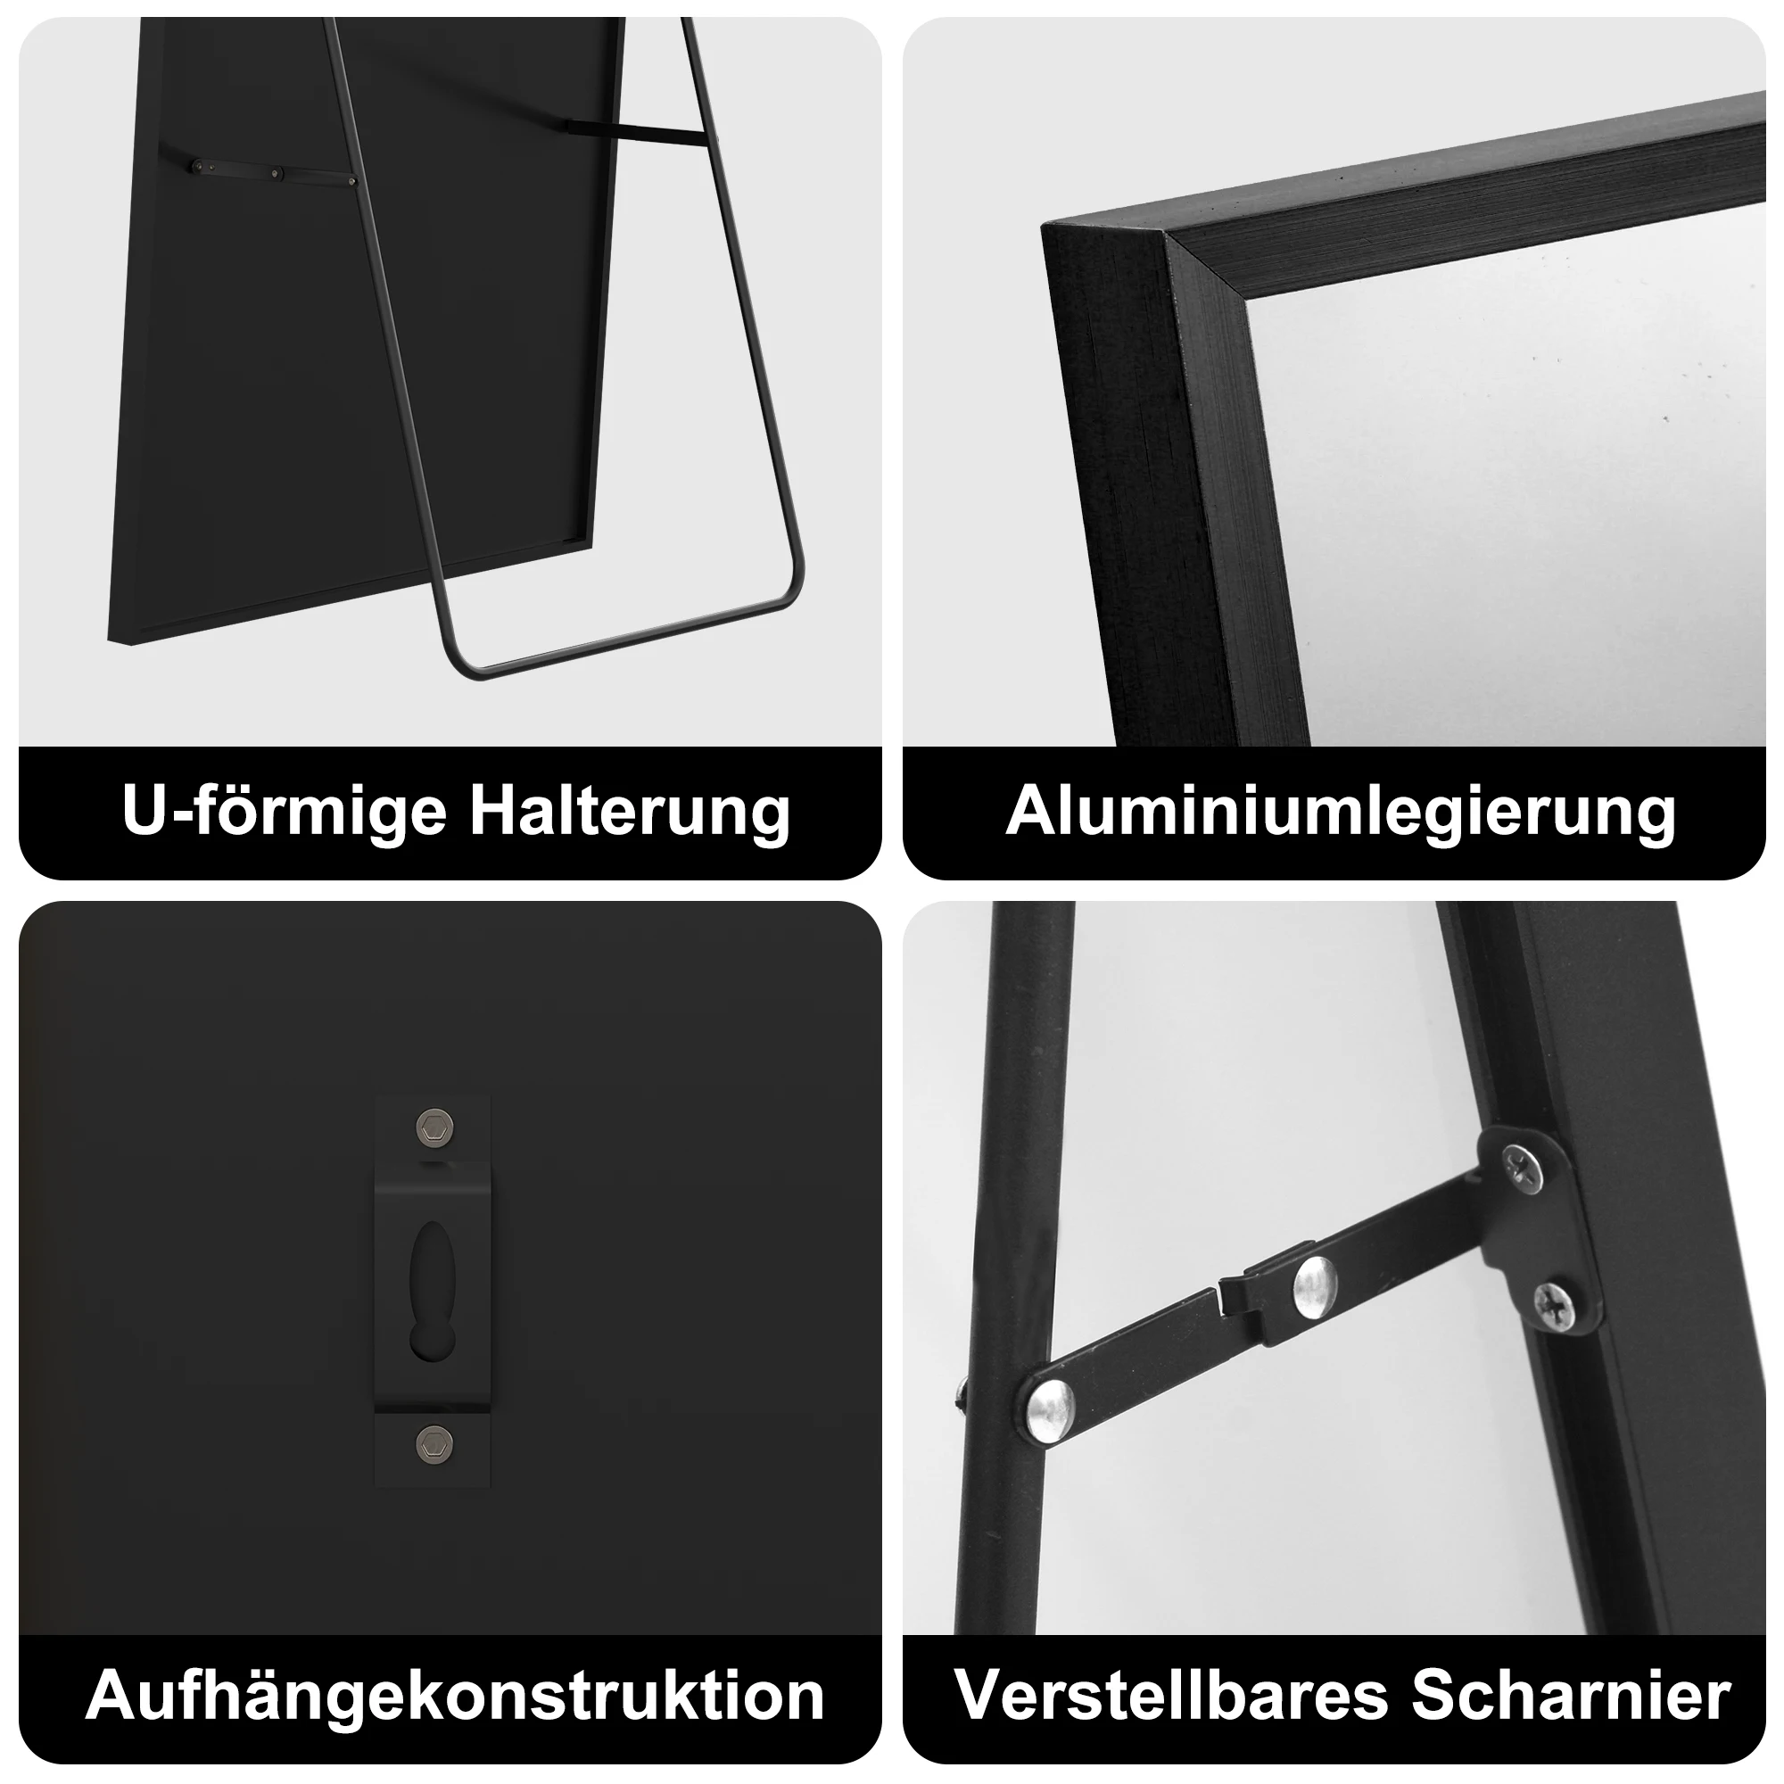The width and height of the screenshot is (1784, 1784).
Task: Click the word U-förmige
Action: [x=284, y=813]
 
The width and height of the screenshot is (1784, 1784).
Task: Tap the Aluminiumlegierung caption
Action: [x=1340, y=813]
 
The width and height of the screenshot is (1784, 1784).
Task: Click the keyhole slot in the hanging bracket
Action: [x=432, y=1293]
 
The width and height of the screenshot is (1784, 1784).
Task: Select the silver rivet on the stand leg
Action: [x=1050, y=1410]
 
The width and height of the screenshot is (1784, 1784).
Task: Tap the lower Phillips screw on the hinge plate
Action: [x=1557, y=1304]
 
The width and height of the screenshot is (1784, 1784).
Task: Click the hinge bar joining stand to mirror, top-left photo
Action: [x=637, y=133]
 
